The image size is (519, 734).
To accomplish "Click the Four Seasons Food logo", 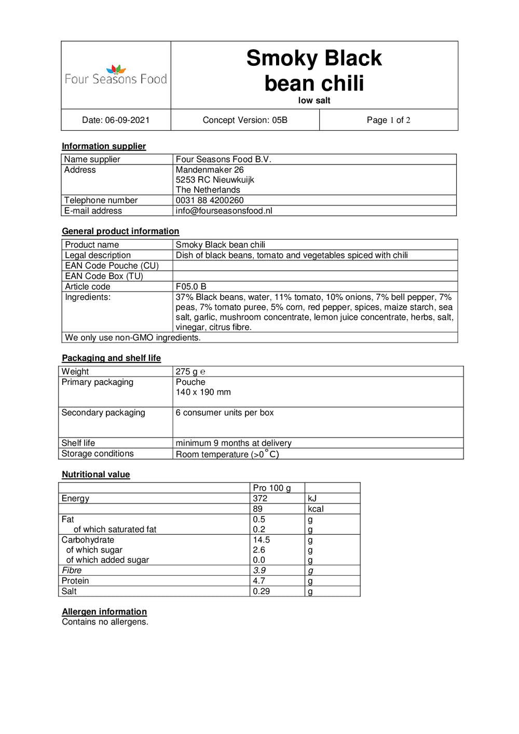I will pos(116,75).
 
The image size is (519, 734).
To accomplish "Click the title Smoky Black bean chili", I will pos(314,71).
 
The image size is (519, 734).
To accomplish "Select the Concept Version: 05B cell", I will pos(245,120).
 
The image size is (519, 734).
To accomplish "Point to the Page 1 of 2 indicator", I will pos(388,120).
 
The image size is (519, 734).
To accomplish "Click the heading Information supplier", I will pos(104,146).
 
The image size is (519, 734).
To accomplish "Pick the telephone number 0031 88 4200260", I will pos(210,200).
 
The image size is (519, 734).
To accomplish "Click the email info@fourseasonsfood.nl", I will pos(224,211).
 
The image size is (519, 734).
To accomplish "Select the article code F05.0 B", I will pos(191,286).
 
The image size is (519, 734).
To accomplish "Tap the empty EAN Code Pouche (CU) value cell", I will pos(315,266).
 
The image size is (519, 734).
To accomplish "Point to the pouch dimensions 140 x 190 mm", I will pos(203,392).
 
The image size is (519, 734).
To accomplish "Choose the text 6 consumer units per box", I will pos(224,412).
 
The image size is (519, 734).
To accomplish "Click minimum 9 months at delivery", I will pos(234,443).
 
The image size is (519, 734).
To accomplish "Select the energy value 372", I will pos(260,498).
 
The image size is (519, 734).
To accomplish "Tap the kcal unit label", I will pos(316,509).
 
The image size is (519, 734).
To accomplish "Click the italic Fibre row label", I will pos(72,570).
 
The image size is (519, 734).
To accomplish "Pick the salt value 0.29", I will pos(261,591).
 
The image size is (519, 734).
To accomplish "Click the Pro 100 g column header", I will pos(271,488).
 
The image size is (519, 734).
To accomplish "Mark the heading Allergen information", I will pos(104,612).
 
